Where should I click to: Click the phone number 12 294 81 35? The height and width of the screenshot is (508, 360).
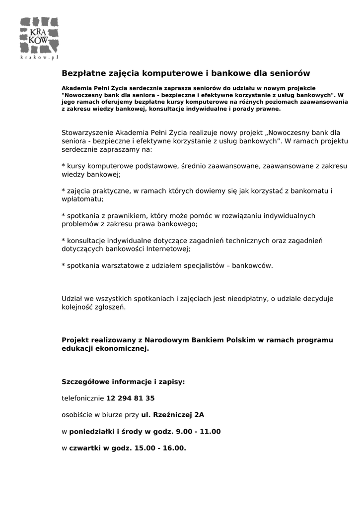[131, 398]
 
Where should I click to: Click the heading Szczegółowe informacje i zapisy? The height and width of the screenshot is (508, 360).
[123, 382]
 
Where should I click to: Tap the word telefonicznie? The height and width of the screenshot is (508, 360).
[83, 398]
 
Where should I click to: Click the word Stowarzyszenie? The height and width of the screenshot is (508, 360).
[87, 133]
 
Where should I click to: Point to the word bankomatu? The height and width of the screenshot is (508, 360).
[309, 191]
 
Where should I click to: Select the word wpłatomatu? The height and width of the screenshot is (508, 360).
[82, 199]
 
